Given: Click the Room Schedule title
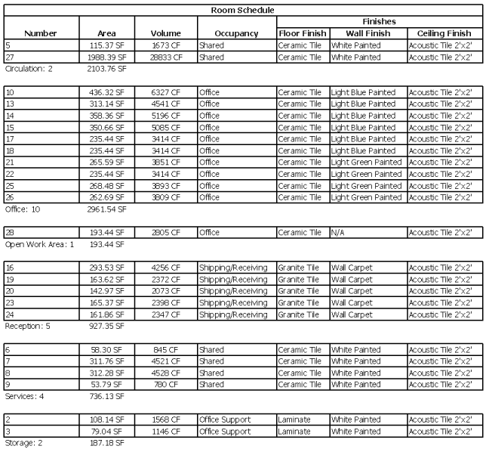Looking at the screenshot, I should pyautogui.click(x=243, y=10).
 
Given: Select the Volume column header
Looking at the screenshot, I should pyautogui.click(x=165, y=33).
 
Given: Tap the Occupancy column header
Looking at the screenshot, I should pyautogui.click(x=235, y=33).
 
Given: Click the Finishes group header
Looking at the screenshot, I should pyautogui.click(x=379, y=22).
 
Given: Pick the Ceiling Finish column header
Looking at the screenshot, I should pyautogui.click(x=444, y=33).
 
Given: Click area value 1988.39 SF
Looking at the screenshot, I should pyautogui.click(x=106, y=57).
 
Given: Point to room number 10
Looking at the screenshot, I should pyautogui.click(x=10, y=92).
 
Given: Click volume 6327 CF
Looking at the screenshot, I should pyautogui.click(x=165, y=92).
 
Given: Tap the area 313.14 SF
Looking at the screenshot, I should pyautogui.click(x=106, y=104).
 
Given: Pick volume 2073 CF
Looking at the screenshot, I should pyautogui.click(x=165, y=291).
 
